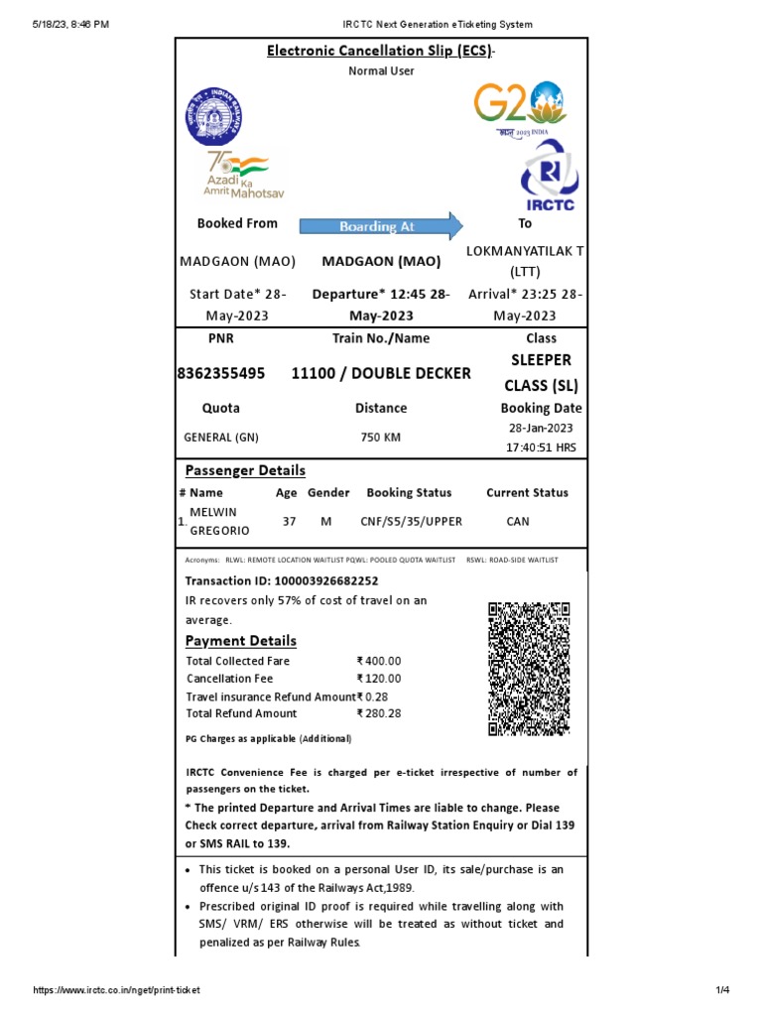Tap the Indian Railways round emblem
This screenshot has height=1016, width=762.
[216, 117]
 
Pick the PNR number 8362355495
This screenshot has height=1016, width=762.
[221, 373]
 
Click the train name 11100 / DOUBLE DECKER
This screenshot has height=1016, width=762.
[381, 373]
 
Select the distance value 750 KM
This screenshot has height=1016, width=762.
[381, 438]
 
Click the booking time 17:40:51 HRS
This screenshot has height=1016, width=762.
[541, 447]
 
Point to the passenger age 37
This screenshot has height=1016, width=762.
[289, 521]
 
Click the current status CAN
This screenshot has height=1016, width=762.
[518, 521]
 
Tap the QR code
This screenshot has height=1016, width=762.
[529, 669]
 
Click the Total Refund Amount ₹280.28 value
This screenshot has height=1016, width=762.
[380, 713]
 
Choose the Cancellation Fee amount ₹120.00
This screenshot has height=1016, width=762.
[380, 679]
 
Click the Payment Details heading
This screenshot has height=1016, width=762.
[241, 641]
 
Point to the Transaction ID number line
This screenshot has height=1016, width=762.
[282, 580]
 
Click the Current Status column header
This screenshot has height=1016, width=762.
[527, 492]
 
